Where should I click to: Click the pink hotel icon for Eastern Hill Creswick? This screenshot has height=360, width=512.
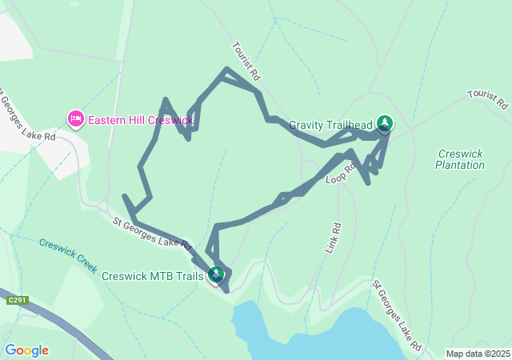pos(76,119)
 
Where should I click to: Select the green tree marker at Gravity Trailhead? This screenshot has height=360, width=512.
pos(386,123)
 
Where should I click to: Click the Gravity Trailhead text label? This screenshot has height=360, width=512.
pos(330,126)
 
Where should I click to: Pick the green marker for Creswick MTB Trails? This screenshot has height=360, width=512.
pos(216,275)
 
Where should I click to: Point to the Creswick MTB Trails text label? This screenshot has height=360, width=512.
pos(153,276)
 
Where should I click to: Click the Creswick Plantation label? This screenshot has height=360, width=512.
pos(460,159)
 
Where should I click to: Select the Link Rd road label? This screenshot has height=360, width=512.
pos(333,238)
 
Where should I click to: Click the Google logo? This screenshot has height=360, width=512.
pos(26,350)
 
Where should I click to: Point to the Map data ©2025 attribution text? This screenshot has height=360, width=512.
pos(478,354)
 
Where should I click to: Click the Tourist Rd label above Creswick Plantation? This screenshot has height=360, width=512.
pos(488,99)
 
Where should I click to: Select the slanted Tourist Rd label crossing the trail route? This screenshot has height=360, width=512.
pos(247,62)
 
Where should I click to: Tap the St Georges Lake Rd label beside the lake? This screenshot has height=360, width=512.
pos(397,315)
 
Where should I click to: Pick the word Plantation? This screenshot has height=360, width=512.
pos(460,166)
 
